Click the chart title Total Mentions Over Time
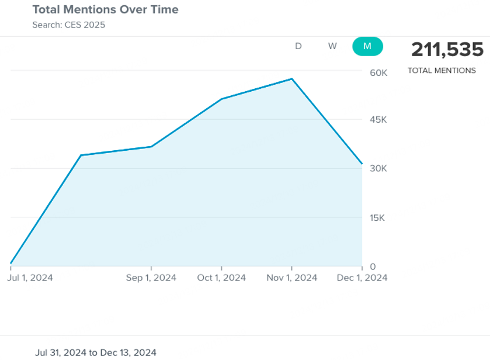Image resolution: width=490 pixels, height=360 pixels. pos(105,10)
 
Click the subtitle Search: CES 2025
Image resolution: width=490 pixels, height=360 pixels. pos(69,25)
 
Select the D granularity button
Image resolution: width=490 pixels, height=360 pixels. pos(298,46)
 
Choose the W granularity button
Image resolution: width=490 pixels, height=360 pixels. pos(332,46)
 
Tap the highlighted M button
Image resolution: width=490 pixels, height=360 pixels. pos(367,46)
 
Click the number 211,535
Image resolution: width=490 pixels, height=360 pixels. pos(447,50)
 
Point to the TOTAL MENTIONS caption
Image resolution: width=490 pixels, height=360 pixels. pos(442,71)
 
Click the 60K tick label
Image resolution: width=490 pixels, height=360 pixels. pos(378,72)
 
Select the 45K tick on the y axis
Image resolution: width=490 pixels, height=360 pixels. pos(378,120)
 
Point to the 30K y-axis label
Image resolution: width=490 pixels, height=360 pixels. pos(378,168)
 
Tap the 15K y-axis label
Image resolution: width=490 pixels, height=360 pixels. pos(378,218)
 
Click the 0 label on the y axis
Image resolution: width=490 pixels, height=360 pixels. pos(373,266)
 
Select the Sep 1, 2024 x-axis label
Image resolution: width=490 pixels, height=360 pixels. pos(151,278)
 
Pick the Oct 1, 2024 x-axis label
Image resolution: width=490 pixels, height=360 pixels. pos(222,278)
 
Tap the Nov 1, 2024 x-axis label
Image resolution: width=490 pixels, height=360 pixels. pos(292,278)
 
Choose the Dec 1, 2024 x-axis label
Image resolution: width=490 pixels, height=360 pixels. pos(362,278)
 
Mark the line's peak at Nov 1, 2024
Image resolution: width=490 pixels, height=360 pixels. pos(292,79)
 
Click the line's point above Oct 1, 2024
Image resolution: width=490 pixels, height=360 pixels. pos(222,99)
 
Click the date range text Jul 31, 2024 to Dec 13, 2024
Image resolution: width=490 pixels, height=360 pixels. pos(96,352)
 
